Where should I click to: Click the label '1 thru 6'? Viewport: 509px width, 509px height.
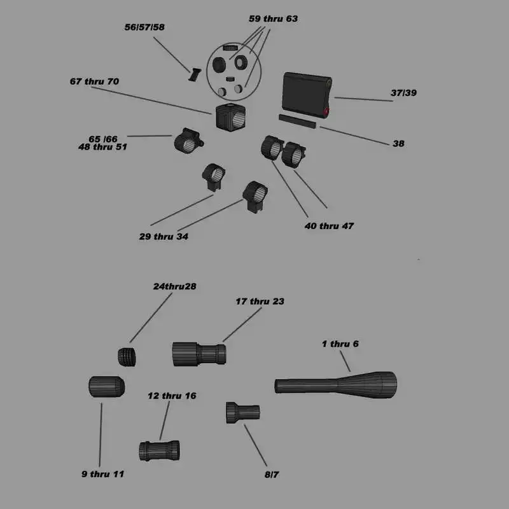pos(340,344)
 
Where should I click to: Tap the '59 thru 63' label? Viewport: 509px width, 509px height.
pos(273,19)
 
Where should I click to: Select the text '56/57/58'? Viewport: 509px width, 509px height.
pos(144,27)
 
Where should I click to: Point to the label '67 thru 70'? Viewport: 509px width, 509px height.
pos(94,81)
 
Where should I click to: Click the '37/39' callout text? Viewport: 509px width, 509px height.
pos(403,93)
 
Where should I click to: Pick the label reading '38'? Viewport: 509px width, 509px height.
pos(398,144)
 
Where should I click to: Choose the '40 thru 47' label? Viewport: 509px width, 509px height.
pos(330,226)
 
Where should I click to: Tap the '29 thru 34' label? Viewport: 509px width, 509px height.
pos(164,237)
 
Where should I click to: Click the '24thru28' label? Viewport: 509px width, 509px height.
pos(174,286)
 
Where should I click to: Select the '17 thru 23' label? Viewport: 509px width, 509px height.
pos(260,301)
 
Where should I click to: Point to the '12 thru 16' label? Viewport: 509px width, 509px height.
pos(172,396)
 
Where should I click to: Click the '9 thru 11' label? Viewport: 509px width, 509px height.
pos(102,474)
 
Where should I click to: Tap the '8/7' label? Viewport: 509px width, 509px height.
pos(272,474)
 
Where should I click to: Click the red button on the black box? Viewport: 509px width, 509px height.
pos(326,113)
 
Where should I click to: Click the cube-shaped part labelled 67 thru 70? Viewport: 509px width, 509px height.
pos(230,116)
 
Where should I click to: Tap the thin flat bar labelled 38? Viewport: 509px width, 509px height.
pos(297,121)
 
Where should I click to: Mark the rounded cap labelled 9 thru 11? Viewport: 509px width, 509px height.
pos(106,386)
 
